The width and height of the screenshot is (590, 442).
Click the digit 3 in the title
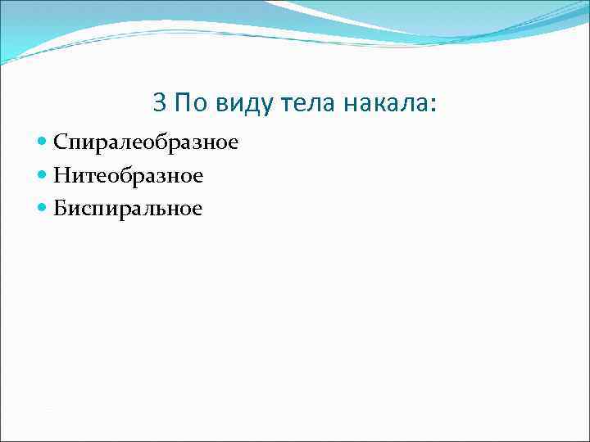pos(160,102)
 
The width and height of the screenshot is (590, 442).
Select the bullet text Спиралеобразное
pos(146,143)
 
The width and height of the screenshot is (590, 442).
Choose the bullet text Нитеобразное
pos(129,176)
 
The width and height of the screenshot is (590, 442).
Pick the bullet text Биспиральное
pos(128,209)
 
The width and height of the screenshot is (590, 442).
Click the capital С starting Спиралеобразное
pos(61,142)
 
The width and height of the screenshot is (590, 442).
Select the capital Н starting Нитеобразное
pos(61,175)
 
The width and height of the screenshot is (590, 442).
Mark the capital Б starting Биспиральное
pos(61,208)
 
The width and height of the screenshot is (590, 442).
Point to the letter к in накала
pos(377,104)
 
